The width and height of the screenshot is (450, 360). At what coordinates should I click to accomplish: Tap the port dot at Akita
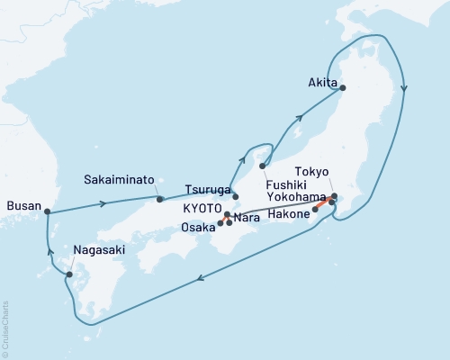[341, 88]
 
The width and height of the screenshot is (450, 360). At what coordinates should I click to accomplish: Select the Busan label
[23, 206]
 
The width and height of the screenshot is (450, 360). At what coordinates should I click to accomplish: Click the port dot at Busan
[46, 212]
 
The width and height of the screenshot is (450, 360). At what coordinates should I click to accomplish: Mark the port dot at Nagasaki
[70, 273]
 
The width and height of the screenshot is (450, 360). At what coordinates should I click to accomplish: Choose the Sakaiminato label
[120, 178]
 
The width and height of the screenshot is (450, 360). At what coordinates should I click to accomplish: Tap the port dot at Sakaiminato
[159, 199]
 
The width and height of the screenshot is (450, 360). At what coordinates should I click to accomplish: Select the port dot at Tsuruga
[235, 196]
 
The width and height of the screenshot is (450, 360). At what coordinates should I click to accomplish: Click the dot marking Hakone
[315, 211]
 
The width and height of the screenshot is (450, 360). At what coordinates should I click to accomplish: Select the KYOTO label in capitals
[202, 207]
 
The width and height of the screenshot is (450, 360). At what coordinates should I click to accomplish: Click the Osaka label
[199, 227]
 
